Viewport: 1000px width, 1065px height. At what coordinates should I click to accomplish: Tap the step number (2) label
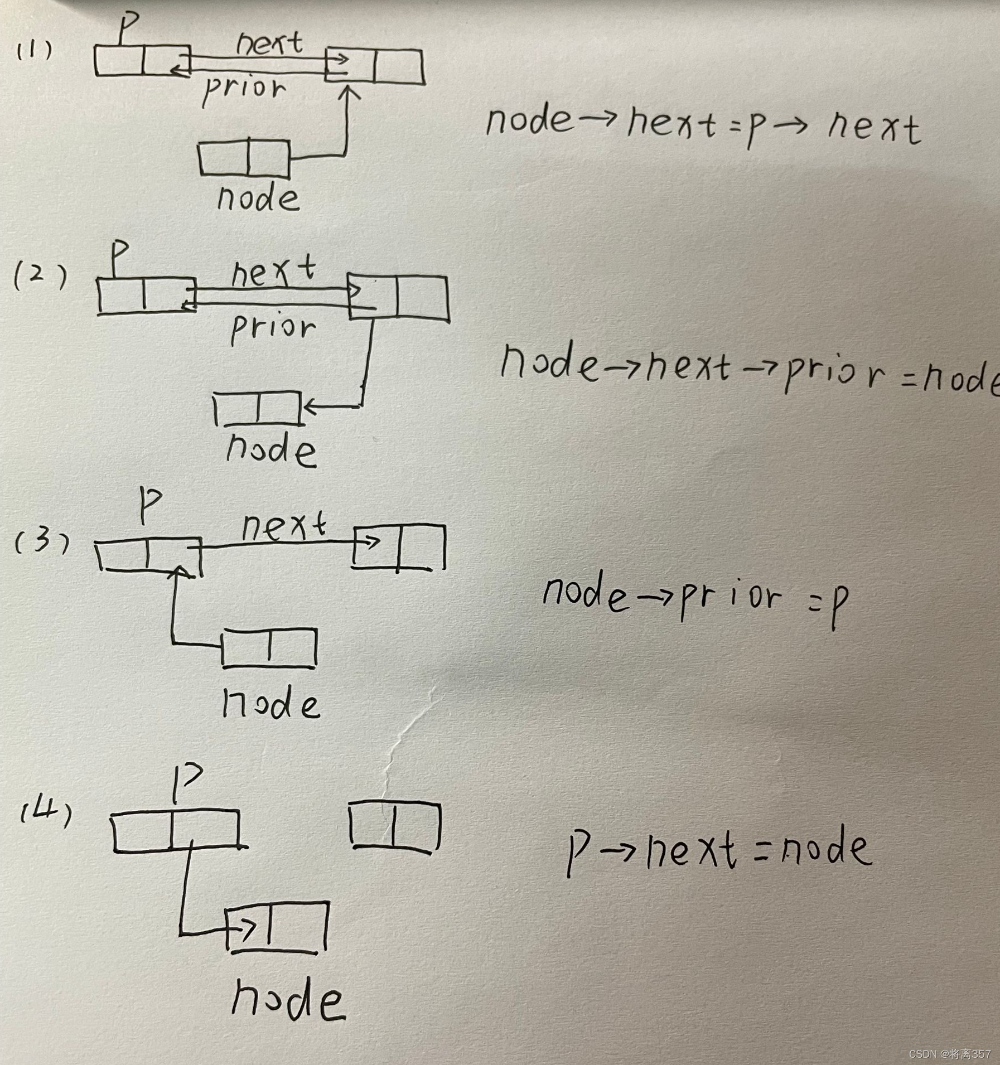pyautogui.click(x=40, y=275)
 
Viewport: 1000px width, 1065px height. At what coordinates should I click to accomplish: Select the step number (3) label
pyautogui.click(x=42, y=541)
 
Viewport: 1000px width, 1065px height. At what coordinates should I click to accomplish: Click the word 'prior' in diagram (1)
pyautogui.click(x=244, y=89)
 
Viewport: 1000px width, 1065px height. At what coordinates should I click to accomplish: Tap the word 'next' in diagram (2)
pyautogui.click(x=273, y=272)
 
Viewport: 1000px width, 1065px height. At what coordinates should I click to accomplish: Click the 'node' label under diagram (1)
pyautogui.click(x=258, y=198)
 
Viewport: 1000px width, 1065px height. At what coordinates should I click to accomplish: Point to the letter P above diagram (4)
pyautogui.click(x=186, y=781)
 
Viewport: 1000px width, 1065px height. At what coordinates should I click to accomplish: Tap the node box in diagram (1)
pyautogui.click(x=244, y=158)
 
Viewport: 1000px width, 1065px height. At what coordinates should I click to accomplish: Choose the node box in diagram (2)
pyautogui.click(x=258, y=408)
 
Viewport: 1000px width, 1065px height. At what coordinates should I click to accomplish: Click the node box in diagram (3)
pyautogui.click(x=269, y=647)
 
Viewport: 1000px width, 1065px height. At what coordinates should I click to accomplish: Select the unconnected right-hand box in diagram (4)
pyautogui.click(x=395, y=825)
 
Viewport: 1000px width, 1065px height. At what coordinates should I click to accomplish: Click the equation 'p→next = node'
pyautogui.click(x=718, y=849)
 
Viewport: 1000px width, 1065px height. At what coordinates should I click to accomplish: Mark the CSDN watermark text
pyautogui.click(x=949, y=1053)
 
